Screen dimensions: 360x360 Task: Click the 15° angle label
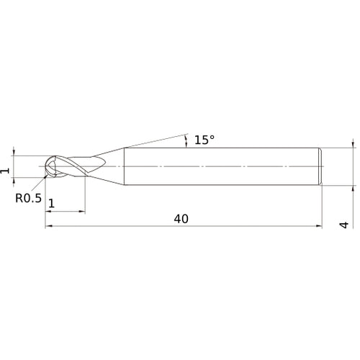click(x=204, y=140)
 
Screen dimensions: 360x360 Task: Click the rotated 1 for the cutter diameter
click(x=6, y=171)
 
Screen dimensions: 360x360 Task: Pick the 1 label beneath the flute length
click(x=51, y=204)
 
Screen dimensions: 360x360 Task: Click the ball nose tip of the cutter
click(x=47, y=166)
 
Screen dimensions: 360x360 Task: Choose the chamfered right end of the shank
click(x=319, y=166)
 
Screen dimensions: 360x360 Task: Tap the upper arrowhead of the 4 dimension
click(x=353, y=144)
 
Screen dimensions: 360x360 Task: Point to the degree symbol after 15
click(x=212, y=136)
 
